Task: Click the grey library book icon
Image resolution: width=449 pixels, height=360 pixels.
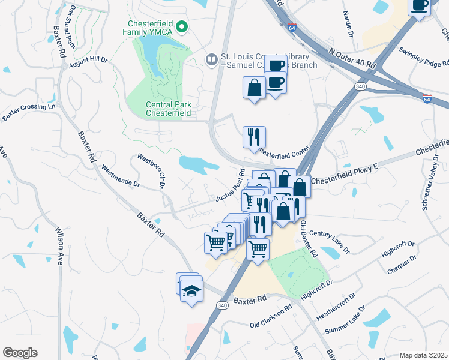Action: point(211,59)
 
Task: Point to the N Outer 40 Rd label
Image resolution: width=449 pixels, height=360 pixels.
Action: point(352,57)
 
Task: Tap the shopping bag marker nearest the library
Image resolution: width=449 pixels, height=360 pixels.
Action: point(255,88)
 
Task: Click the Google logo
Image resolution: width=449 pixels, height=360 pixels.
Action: point(20,352)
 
